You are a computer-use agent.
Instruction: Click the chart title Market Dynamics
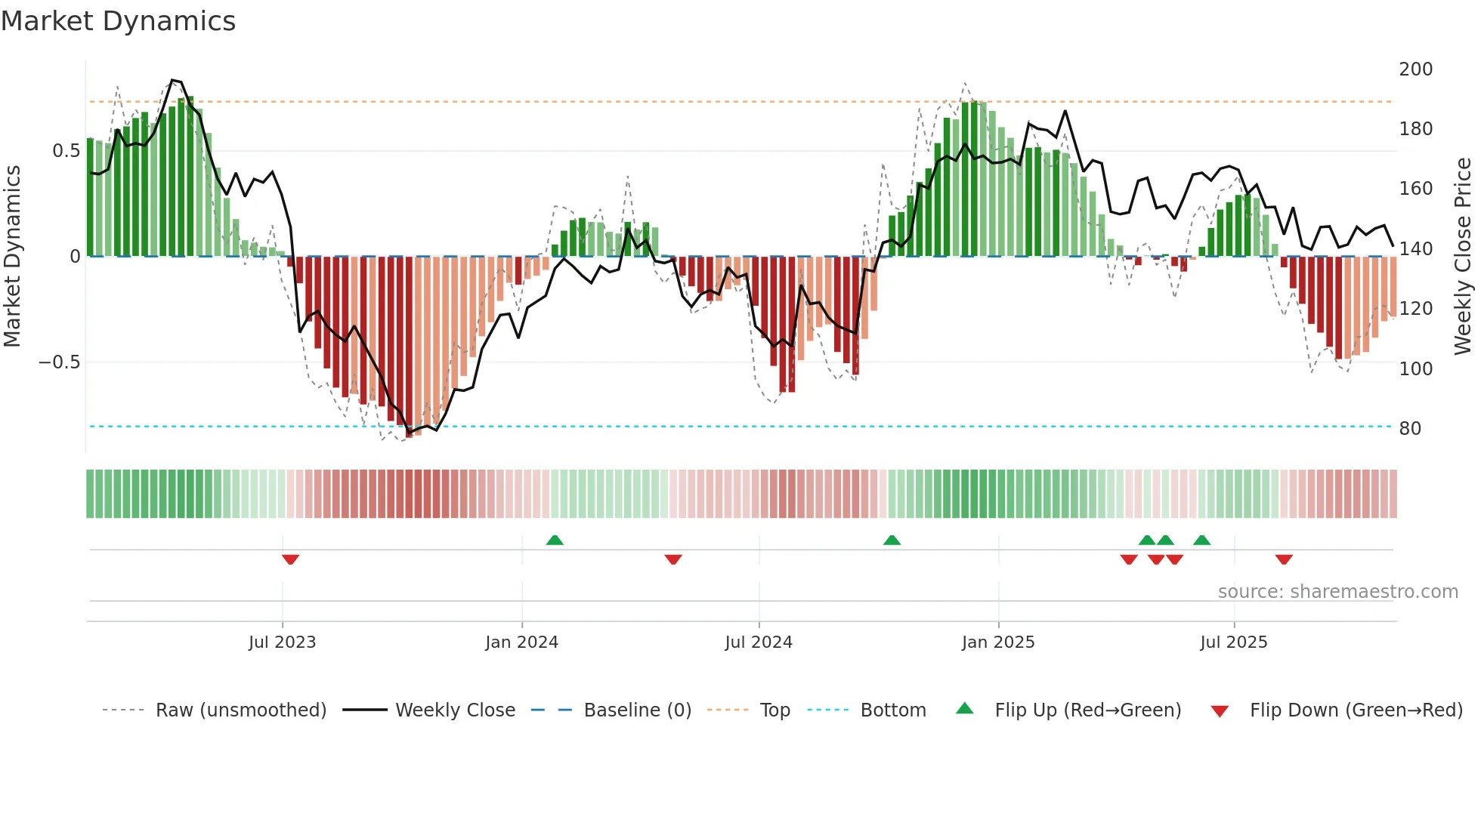point(118,21)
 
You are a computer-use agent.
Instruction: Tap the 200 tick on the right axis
point(1415,69)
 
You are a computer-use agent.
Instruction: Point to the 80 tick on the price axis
point(1410,429)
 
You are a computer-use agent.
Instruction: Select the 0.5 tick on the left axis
point(66,151)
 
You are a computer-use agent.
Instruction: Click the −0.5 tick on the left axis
point(60,362)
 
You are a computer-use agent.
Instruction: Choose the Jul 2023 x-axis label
point(282,642)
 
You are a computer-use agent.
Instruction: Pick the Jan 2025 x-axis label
point(997,642)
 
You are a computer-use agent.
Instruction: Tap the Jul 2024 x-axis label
point(758,642)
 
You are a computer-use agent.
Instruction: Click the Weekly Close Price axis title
point(1463,257)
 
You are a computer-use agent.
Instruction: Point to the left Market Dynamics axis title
point(12,257)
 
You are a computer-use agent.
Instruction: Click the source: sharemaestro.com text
point(1337,592)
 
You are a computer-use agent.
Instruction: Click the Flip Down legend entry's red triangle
point(1219,711)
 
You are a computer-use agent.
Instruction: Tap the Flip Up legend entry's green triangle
point(964,708)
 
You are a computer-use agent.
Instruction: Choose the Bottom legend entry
point(892,710)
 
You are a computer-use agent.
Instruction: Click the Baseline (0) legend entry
point(637,710)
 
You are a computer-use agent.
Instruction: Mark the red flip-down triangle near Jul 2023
point(290,559)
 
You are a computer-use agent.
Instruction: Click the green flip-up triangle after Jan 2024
point(555,540)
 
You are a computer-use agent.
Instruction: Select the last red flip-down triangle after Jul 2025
point(1283,559)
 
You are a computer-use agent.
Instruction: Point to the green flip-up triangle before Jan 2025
point(892,540)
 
